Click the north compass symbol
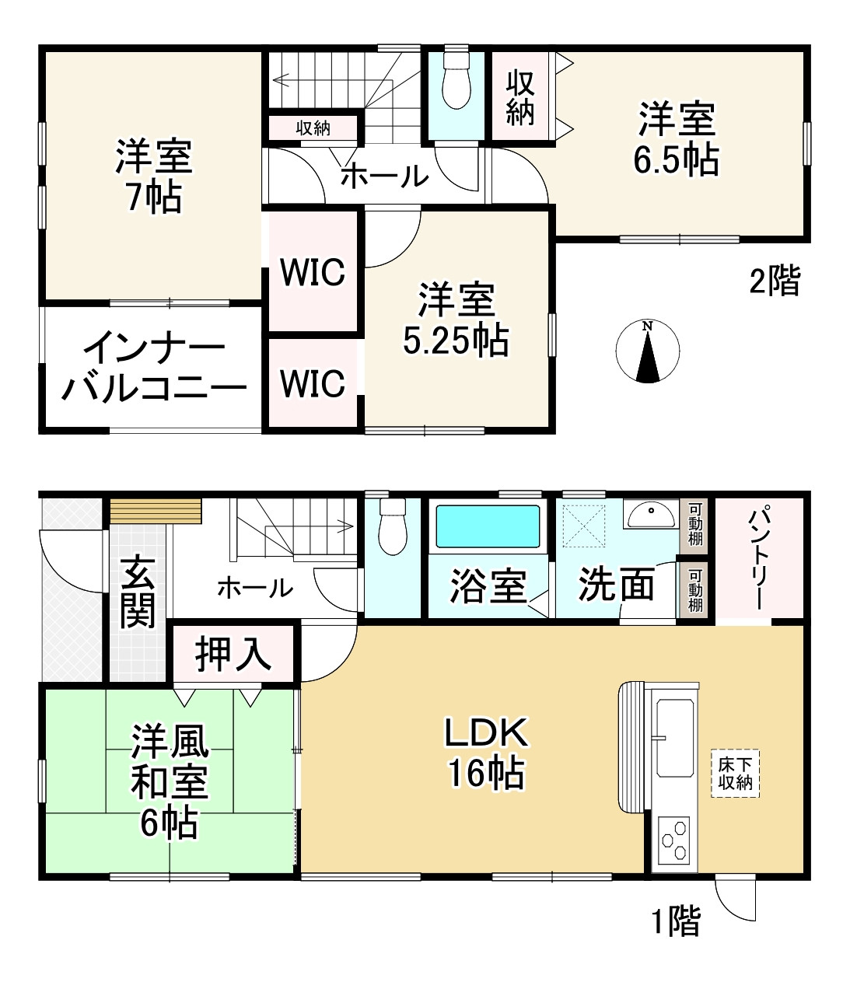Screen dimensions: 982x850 pos(647,351)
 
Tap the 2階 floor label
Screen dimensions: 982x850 pos(774,281)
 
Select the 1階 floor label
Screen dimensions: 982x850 pos(675,921)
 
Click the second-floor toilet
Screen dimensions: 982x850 pos(456,82)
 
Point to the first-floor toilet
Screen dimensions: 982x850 pos(391,528)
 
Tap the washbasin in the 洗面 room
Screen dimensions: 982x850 pos(652,514)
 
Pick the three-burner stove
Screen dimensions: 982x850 pos(673,839)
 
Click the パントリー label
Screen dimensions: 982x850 pos(758,557)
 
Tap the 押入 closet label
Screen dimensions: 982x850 pos(233,652)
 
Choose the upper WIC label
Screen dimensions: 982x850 pos(313,272)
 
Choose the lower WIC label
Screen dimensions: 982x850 pos(313,383)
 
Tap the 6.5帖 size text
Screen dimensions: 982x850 pos(676,159)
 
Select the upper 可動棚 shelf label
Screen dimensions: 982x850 pos(695,523)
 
